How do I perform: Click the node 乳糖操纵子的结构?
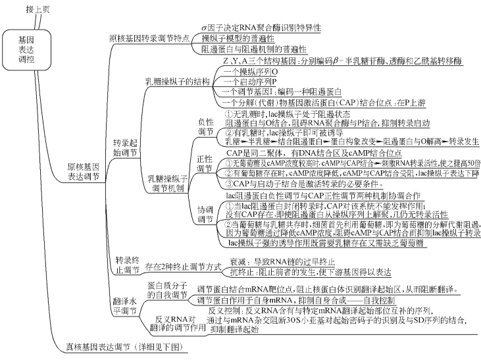tap(177, 82)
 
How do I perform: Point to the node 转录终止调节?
tap(126, 265)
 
